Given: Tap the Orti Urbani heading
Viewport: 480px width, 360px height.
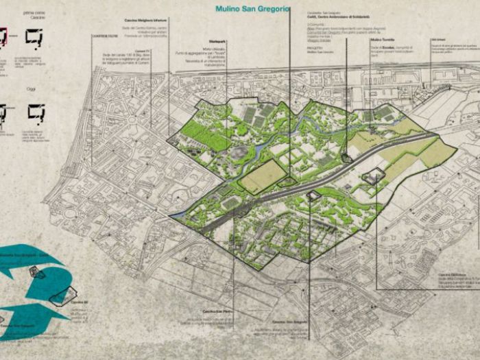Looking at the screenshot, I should (x=438, y=39).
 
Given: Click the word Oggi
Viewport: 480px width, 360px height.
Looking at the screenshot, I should (x=31, y=87).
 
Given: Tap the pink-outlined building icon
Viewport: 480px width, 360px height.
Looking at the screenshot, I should (x=3, y=37).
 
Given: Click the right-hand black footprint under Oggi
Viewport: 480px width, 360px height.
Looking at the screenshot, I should (x=36, y=111).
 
